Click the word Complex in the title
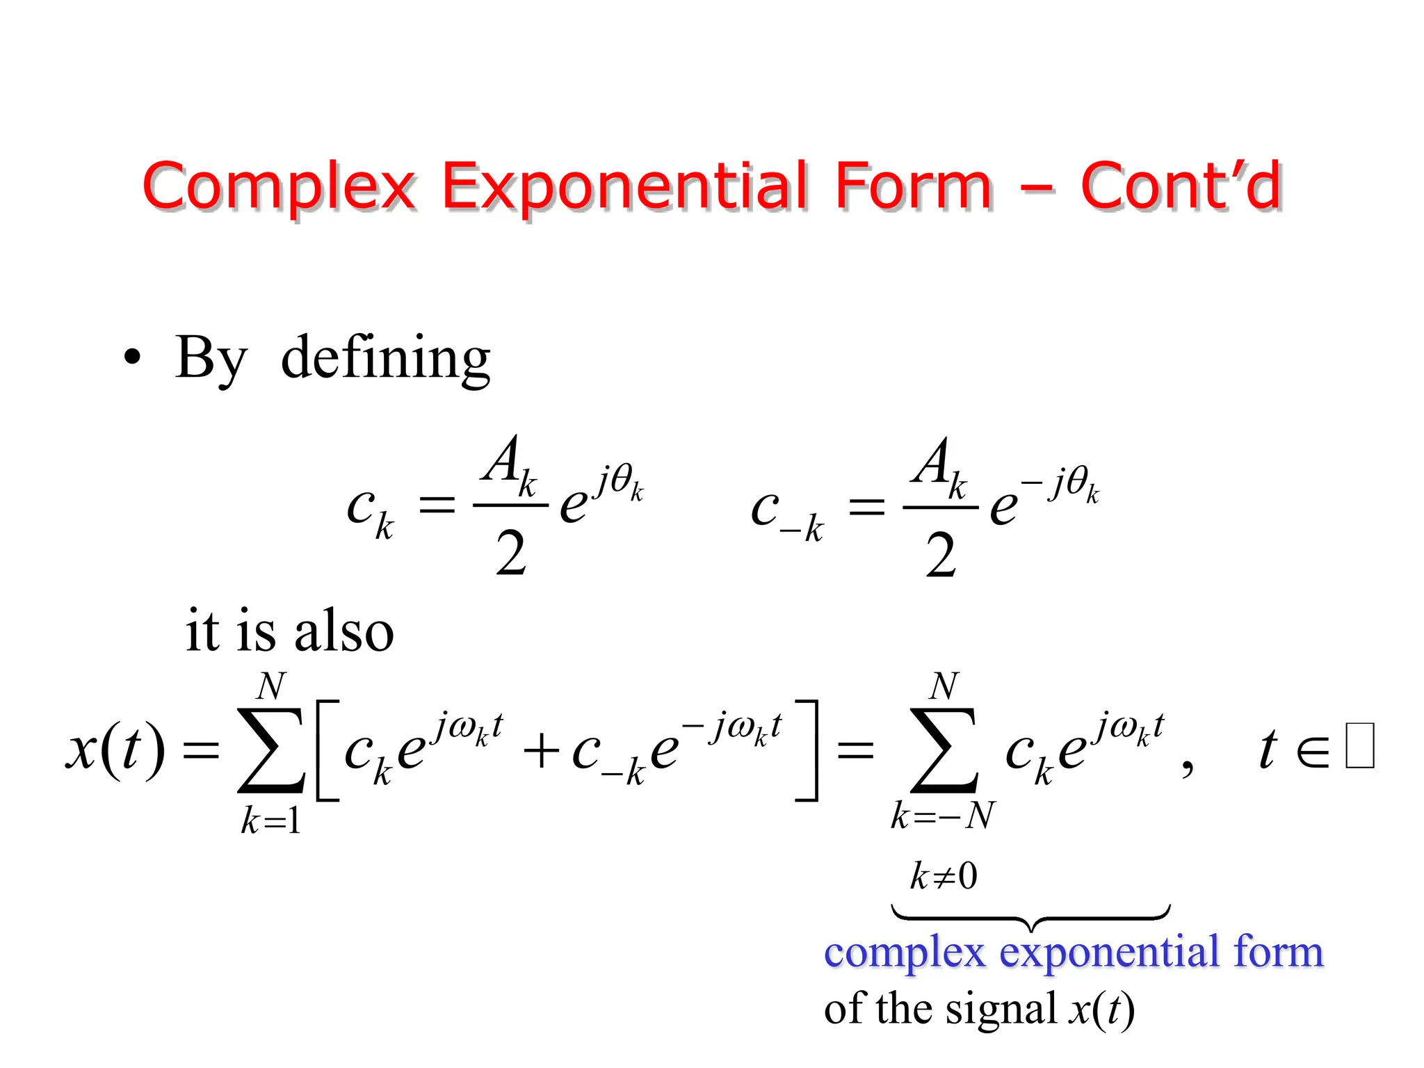point(278,186)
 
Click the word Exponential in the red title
point(625,186)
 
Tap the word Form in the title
point(913,186)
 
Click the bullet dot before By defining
point(132,358)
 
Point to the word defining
point(386,358)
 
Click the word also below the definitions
point(343,631)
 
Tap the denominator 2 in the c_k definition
point(511,554)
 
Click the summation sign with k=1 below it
point(270,751)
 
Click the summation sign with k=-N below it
point(944,751)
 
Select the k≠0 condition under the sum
point(944,876)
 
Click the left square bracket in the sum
point(326,751)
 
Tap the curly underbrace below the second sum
point(1030,918)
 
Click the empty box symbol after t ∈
point(1359,746)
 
